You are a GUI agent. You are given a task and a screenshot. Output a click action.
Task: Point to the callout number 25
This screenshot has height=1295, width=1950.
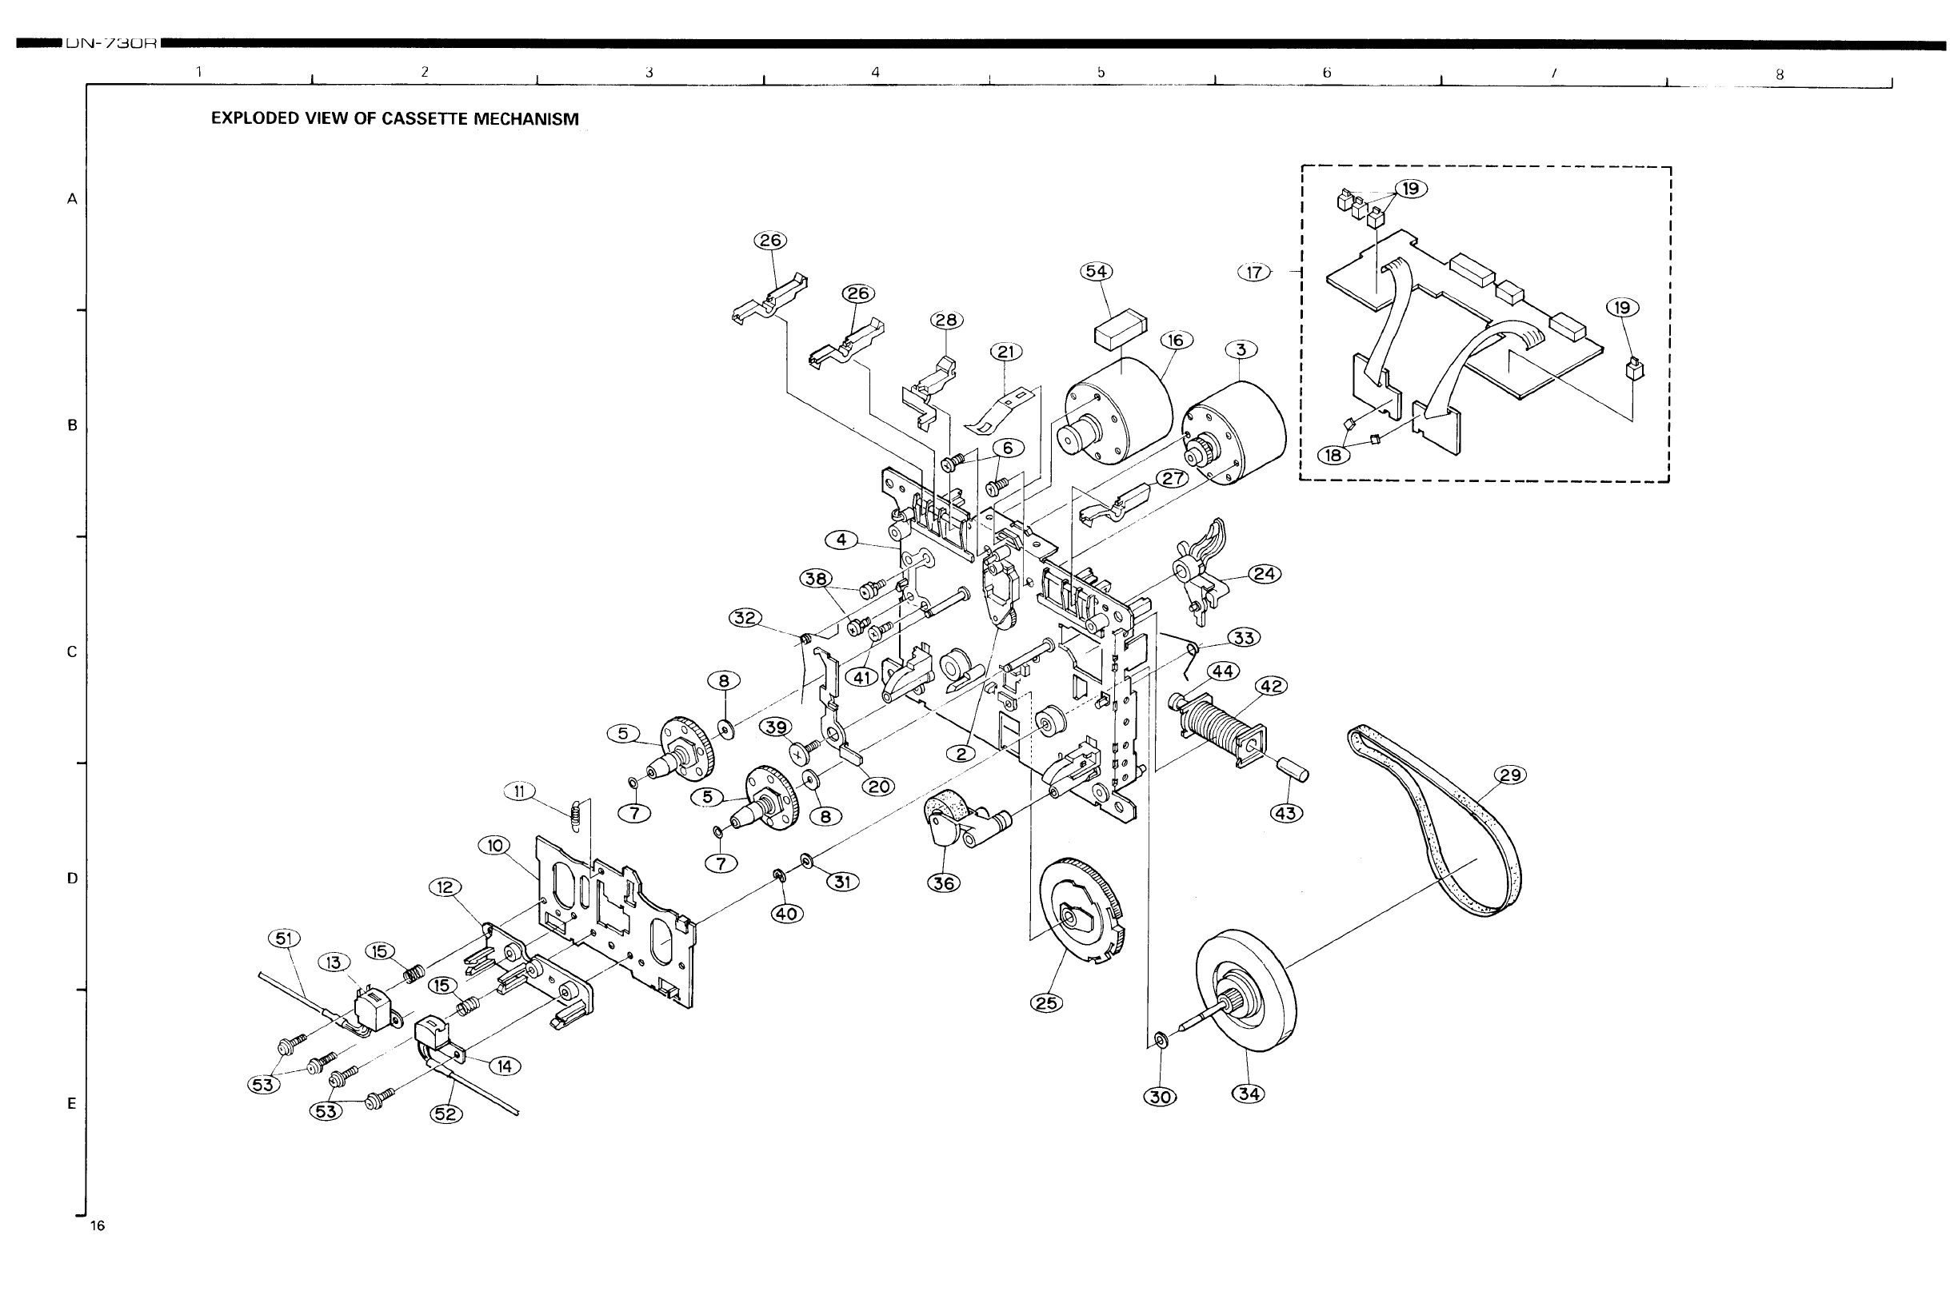(x=1047, y=1002)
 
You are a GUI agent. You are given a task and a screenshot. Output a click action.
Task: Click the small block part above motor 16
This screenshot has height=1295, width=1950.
(x=1121, y=328)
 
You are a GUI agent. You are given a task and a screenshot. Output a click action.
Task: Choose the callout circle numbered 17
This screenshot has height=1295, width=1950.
(x=1254, y=272)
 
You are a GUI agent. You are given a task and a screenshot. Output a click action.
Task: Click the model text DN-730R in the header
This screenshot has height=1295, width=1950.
(x=110, y=44)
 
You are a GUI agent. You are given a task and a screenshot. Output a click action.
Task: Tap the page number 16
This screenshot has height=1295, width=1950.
(x=98, y=1225)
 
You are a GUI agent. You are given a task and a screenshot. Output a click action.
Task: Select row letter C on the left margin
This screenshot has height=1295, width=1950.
(x=72, y=652)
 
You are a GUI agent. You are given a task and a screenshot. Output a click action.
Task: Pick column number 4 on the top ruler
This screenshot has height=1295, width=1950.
(x=875, y=72)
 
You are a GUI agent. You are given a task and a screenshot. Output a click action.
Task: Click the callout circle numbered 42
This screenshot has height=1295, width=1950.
(x=1272, y=687)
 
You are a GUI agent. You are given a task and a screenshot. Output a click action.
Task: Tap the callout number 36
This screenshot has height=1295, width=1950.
(x=944, y=883)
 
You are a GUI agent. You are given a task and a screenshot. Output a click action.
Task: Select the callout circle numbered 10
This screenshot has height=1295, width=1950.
(x=494, y=847)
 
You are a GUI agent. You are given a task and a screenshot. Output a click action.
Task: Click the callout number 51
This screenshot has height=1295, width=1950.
(x=284, y=938)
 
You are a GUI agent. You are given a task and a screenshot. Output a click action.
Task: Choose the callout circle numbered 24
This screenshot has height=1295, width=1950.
(x=1265, y=574)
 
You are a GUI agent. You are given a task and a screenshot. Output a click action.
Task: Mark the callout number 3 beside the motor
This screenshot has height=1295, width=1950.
(x=1241, y=350)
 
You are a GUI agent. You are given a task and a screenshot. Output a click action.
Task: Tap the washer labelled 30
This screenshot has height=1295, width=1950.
(x=1160, y=1039)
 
